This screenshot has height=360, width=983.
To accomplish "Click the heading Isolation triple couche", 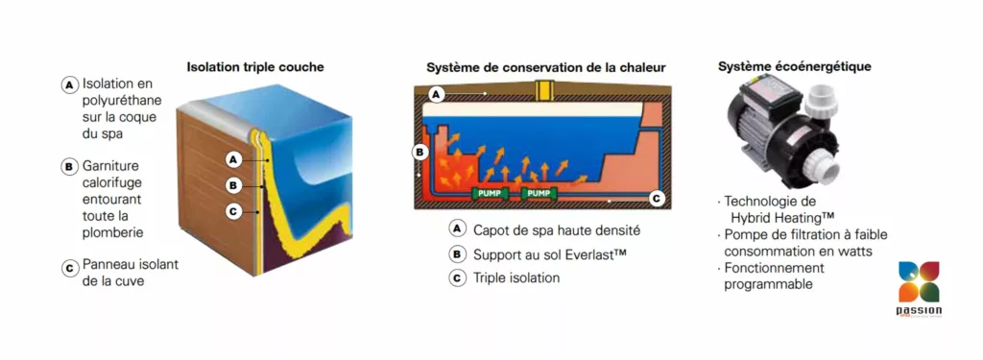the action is pos(255,67).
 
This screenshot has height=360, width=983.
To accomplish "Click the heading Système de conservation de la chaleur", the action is pos(546,67).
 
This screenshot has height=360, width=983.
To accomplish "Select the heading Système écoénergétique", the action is pos(794,66).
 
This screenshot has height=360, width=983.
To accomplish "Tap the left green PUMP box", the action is pos(490,193).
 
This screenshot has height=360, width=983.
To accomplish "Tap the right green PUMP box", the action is pos(539,193).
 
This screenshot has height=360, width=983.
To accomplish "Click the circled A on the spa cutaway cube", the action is pos(234,160).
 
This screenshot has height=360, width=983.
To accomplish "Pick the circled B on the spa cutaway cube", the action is pos(233,185).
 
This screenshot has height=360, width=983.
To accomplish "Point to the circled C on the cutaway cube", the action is pos(233,212).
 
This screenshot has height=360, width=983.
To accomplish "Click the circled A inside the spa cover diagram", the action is pos(437,95).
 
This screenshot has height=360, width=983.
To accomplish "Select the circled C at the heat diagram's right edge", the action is pos(656,199).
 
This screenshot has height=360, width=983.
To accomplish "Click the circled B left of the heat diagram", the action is pos(419,153).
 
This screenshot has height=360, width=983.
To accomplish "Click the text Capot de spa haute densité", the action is pos(557,230).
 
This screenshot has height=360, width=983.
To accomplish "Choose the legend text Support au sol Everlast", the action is pos(550,254).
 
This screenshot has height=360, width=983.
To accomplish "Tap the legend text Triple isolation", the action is pos(516,277).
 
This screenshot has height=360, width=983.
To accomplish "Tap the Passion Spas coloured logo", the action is pos(919,288).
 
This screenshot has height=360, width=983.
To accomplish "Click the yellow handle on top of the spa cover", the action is pos(542,90).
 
